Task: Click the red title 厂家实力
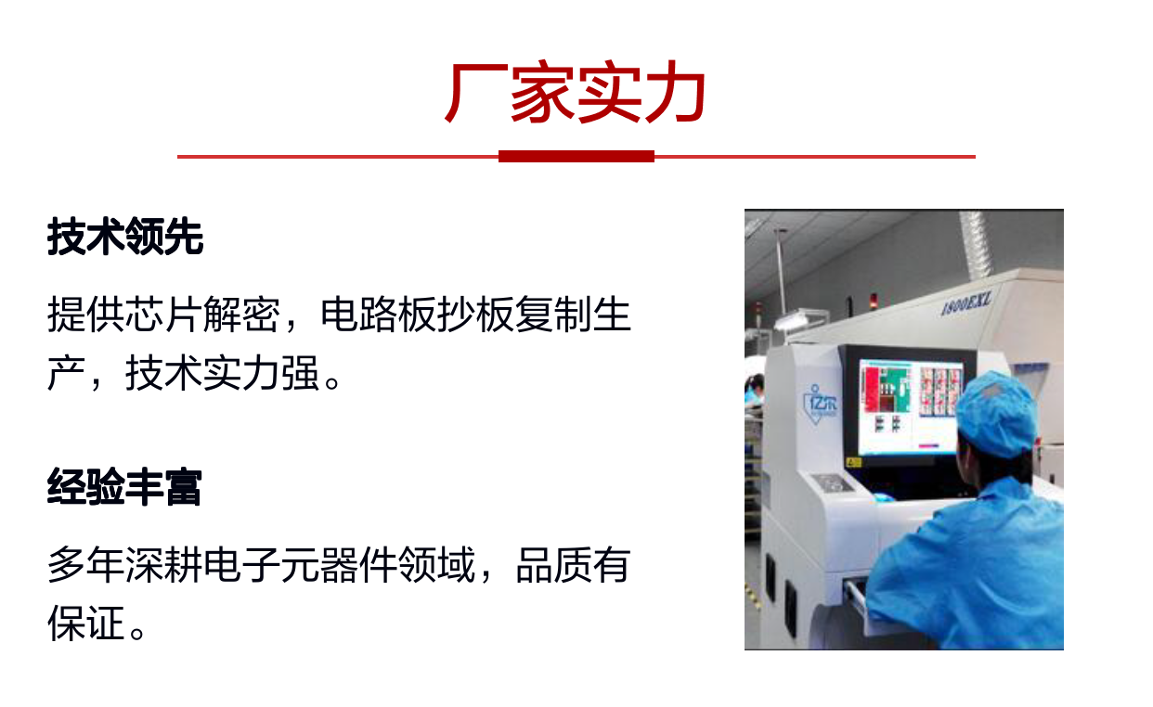click(x=576, y=92)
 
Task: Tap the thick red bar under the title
click(x=576, y=157)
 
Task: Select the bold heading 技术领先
click(x=125, y=237)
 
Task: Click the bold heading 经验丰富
click(x=124, y=487)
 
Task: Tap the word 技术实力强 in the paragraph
click(x=223, y=373)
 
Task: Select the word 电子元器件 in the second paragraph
click(x=300, y=565)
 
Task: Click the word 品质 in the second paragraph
click(x=554, y=565)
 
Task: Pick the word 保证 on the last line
click(x=86, y=623)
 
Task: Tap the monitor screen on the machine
click(x=911, y=406)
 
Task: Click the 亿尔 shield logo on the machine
click(x=820, y=404)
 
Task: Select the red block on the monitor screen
click(x=872, y=389)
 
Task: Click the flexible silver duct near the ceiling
click(x=974, y=243)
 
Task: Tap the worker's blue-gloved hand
click(x=883, y=497)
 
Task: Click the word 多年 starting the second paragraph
click(x=86, y=565)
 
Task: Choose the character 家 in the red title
click(x=542, y=92)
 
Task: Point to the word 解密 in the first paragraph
click(x=242, y=314)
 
